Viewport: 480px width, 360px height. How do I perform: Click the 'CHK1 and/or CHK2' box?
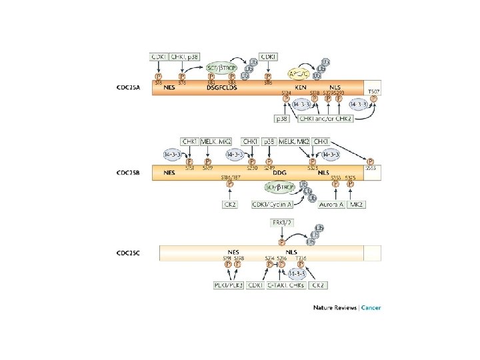pyautogui.click(x=327, y=119)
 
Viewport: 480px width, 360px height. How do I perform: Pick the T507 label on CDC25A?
pyautogui.click(x=373, y=90)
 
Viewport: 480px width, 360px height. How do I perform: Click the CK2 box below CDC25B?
pyautogui.click(x=231, y=204)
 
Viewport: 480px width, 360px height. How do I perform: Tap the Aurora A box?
pyautogui.click(x=331, y=204)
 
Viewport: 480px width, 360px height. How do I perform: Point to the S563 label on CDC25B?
pyautogui.click(x=371, y=169)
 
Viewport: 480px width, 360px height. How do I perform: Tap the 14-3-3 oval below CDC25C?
pyautogui.click(x=297, y=272)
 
